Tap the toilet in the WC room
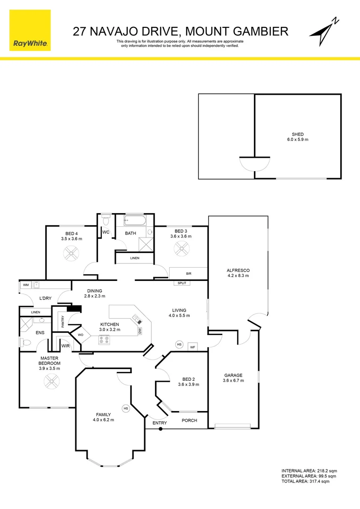[106, 221]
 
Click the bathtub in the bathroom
[135, 220]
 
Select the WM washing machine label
[25, 285]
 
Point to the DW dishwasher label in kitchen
[140, 331]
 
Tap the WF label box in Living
[192, 347]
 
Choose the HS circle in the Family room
[126, 408]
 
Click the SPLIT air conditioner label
[181, 283]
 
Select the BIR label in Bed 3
[188, 273]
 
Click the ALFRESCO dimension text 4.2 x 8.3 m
[238, 276]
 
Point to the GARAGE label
[233, 375]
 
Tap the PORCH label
[189, 420]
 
